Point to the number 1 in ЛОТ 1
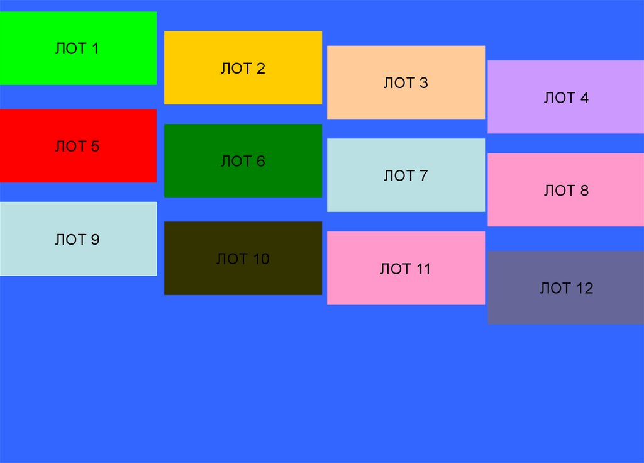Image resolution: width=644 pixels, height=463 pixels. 95,48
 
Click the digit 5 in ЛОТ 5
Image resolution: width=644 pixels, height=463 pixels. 95,147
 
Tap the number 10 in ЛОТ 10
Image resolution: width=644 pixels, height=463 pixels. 260,259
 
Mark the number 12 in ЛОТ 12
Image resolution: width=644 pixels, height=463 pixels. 584,288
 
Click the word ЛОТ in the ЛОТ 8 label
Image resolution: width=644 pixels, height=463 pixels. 559,191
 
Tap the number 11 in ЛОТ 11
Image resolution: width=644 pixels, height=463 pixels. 423,269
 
